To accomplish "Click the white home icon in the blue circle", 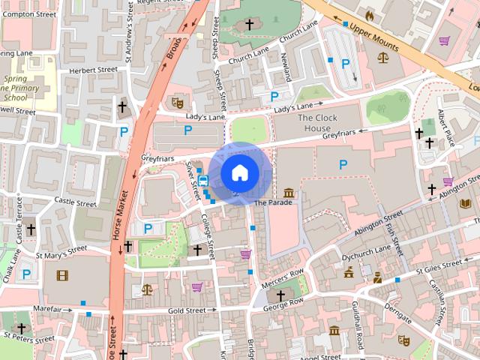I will [x=239, y=172].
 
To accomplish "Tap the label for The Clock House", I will [x=318, y=123].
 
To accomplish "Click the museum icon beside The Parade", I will [x=289, y=194].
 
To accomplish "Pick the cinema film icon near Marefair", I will [x=61, y=275].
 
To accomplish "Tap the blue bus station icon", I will [x=202, y=181].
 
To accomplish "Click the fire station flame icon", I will [x=368, y=14].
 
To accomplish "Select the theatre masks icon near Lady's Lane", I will [x=177, y=100].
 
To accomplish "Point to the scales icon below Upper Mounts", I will [x=385, y=56].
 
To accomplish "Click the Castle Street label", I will [x=75, y=202].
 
